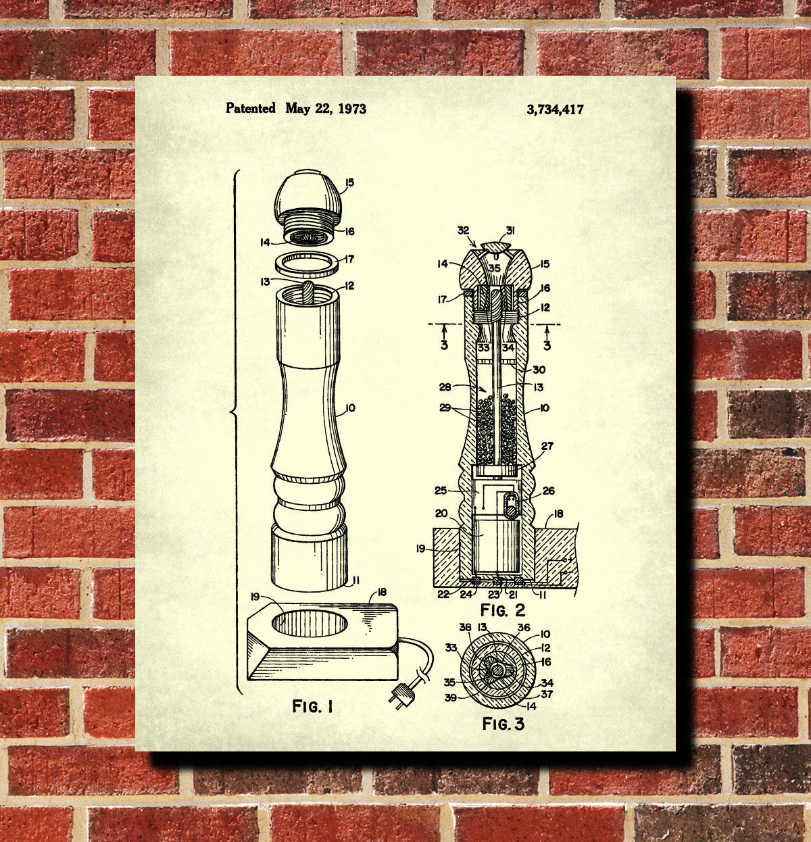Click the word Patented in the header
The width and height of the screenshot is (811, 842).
pos(250,107)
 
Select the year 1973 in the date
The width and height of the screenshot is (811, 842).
pos(352,109)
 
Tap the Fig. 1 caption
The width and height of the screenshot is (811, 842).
pos(312,706)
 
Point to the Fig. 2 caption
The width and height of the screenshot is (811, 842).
pos(502,610)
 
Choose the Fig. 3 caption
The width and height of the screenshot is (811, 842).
pos(503,724)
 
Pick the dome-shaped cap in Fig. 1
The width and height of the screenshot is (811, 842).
pos(308,195)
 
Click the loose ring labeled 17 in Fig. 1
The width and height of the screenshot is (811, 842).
pos(308,264)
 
